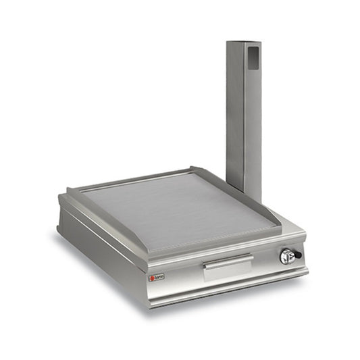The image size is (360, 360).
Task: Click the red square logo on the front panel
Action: [x=151, y=276]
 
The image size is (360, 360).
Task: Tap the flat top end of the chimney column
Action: [x=244, y=43]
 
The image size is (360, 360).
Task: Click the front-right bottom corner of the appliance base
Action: [x=307, y=269]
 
